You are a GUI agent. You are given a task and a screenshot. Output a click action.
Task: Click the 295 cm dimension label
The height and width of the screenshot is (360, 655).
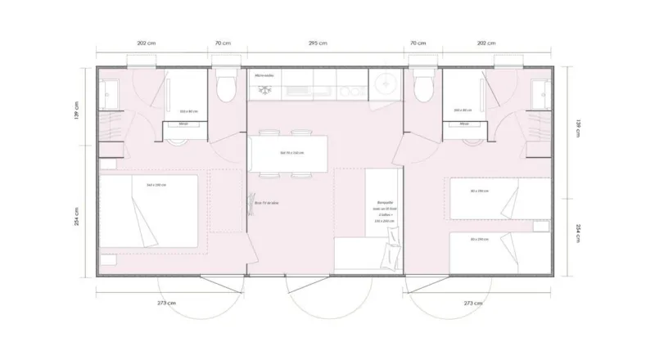318,43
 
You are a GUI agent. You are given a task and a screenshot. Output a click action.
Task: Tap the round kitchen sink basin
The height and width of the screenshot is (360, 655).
383,82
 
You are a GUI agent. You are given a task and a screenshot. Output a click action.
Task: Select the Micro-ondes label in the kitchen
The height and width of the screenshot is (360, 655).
264,75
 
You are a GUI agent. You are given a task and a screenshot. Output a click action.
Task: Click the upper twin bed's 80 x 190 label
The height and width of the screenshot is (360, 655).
480,191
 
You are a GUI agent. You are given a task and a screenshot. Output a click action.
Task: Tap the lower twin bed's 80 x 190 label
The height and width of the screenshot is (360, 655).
480,239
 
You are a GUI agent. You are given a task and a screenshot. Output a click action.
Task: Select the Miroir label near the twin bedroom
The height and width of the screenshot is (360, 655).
464,124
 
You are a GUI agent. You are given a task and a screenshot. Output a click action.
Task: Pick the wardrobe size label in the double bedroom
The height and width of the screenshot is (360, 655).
188,110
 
